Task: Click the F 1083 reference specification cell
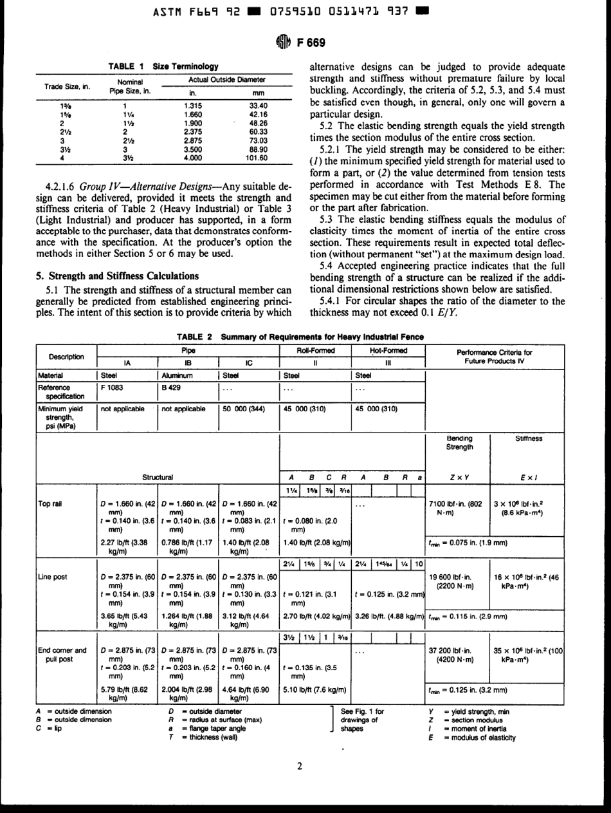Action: (111, 386)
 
